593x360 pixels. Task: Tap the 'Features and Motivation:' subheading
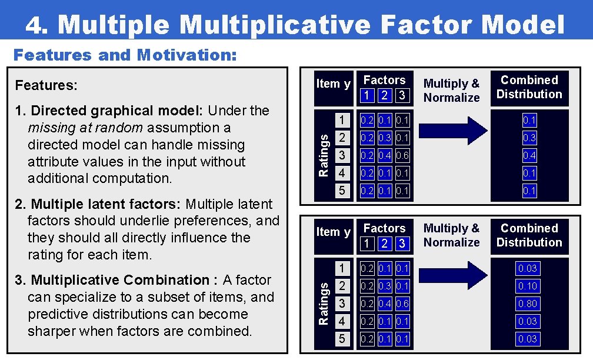(x=125, y=55)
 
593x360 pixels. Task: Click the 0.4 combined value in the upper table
(x=529, y=155)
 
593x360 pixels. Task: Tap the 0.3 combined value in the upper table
(x=529, y=138)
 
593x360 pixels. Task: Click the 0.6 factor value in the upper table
(x=402, y=155)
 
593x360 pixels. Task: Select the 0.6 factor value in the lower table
(x=402, y=304)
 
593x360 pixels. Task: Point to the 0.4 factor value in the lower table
(x=385, y=304)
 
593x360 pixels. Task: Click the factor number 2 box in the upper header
(x=385, y=95)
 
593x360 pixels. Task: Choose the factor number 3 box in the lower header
(x=402, y=243)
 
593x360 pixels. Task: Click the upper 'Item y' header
(x=333, y=84)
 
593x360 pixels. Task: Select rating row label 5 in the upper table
(x=341, y=191)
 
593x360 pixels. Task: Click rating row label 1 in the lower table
(x=341, y=268)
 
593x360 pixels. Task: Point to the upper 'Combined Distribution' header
(x=529, y=87)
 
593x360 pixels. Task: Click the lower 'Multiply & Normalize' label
(x=451, y=235)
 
